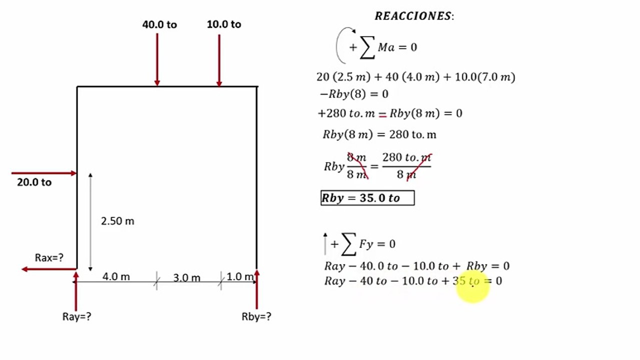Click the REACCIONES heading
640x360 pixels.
414,16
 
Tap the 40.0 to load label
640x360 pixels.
160,24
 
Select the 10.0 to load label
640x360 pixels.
224,24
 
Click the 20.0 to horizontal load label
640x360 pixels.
35,182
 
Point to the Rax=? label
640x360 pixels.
49,257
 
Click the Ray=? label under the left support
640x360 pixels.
77,316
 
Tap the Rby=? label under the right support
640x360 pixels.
256,316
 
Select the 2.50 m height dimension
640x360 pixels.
118,221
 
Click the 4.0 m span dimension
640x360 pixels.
116,276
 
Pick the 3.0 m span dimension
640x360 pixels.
187,277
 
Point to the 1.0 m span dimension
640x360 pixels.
240,276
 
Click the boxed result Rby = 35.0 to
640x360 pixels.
367,198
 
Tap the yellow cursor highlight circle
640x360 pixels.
473,286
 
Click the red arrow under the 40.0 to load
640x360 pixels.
157,59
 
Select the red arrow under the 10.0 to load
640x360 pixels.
219,60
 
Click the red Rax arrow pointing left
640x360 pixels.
49,269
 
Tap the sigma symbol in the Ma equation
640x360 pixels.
367,47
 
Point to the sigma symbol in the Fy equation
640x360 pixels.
349,244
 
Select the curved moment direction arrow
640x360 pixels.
337,45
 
